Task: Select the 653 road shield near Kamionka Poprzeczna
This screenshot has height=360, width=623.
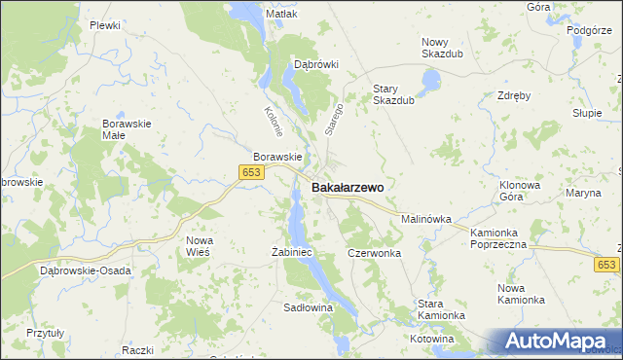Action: click(607, 265)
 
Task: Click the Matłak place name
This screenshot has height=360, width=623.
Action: click(281, 15)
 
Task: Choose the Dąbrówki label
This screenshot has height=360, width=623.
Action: click(315, 64)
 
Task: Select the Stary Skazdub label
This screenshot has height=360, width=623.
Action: click(394, 93)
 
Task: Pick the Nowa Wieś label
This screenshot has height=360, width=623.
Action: click(199, 245)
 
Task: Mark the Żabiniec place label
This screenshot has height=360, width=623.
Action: click(290, 252)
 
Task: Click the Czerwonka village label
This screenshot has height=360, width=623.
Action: click(375, 252)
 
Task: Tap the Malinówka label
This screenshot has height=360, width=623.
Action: click(426, 220)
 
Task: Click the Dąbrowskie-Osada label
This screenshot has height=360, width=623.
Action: click(81, 271)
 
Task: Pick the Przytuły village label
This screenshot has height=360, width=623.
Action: click(45, 332)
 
